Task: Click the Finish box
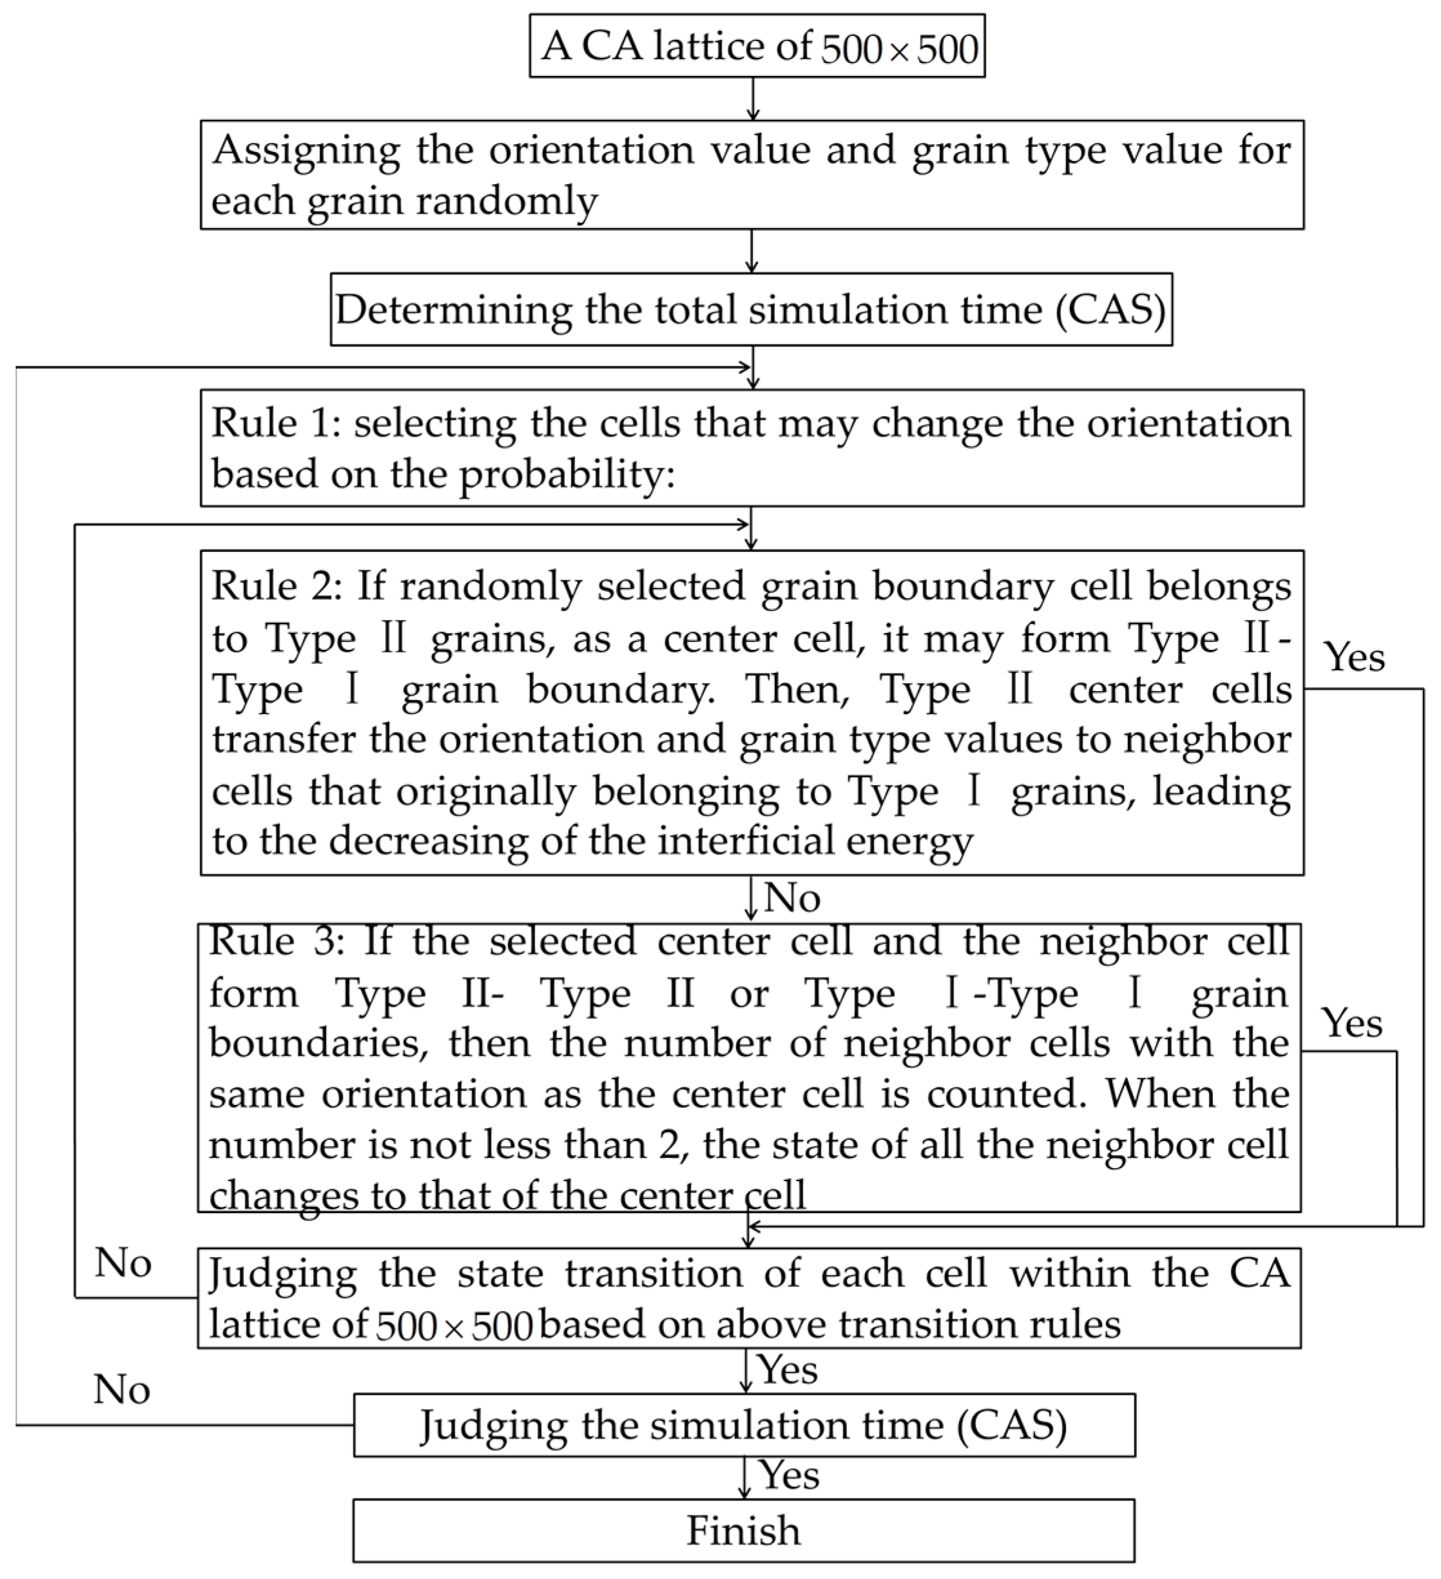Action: [x=743, y=1531]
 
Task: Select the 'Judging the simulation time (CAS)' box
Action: [x=743, y=1424]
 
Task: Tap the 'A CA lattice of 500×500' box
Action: [x=757, y=46]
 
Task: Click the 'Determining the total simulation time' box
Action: [x=750, y=309]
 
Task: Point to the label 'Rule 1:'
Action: [x=276, y=424]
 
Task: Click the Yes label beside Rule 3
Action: [x=1351, y=1022]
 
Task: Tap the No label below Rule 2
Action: [x=792, y=898]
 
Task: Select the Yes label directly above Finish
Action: [x=790, y=1475]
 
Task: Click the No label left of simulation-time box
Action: [x=122, y=1390]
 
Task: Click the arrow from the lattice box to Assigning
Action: [x=752, y=99]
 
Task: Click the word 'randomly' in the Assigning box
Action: [x=506, y=200]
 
